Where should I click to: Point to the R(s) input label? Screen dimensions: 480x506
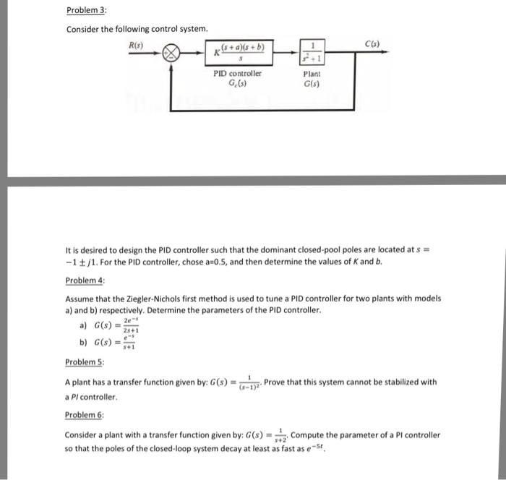click(136, 44)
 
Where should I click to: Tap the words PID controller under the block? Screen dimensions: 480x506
click(238, 73)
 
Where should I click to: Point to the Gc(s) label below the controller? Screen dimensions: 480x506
click(238, 83)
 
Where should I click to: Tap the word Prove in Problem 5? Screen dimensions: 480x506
click(277, 382)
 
